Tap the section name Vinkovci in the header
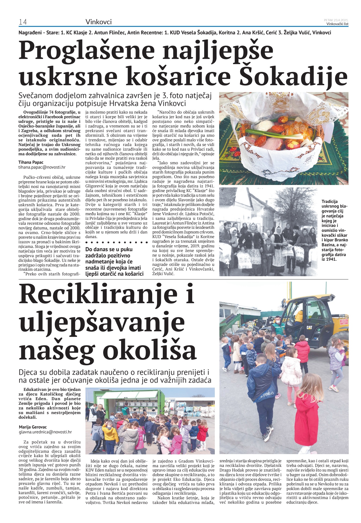[x=98, y=22]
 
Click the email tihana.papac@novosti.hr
[x=42, y=167]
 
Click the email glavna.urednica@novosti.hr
[x=45, y=432]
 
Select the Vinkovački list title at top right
[x=337, y=24]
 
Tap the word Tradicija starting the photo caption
[x=329, y=202]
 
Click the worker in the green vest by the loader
[x=278, y=326]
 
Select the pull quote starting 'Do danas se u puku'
[x=114, y=262]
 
